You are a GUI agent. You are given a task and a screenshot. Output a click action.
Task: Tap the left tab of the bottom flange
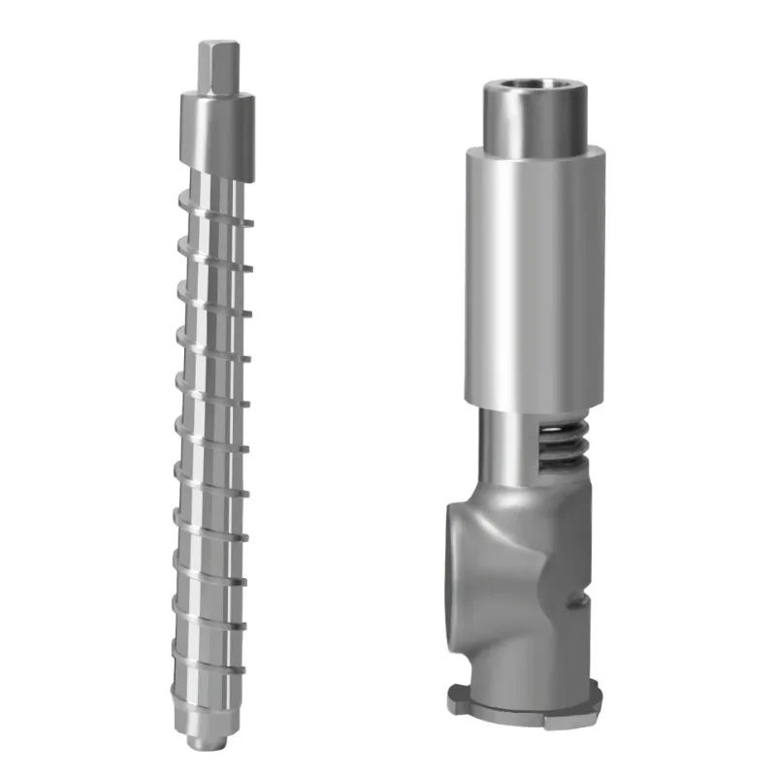(x=456, y=695)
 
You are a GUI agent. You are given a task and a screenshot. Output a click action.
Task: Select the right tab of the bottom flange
(x=593, y=695)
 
